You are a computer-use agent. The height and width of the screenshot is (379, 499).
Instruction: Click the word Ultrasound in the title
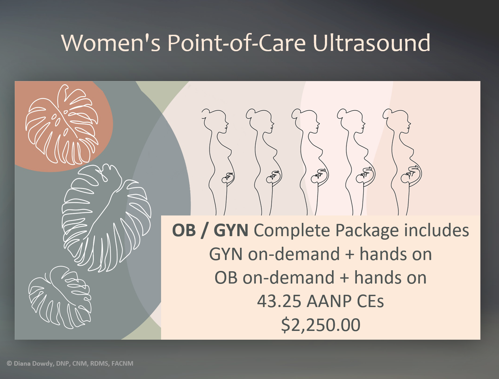[371, 43]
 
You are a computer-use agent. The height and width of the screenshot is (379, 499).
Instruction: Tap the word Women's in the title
[111, 43]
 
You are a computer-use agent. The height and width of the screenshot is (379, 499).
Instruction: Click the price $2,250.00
[321, 325]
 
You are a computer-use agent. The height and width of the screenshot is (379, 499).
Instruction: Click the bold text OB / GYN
[210, 231]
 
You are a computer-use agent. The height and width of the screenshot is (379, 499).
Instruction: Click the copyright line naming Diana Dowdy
[70, 364]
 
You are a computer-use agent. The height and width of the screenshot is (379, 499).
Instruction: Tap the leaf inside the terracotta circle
[61, 125]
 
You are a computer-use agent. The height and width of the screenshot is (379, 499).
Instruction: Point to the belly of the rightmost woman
[414, 174]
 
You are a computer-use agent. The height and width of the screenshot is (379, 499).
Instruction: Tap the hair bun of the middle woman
[295, 114]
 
